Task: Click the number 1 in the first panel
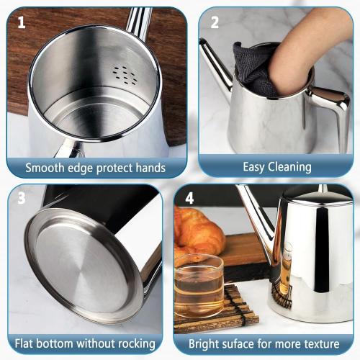pos(22,22)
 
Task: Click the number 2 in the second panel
pos(214,22)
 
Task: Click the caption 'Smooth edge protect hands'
pos(95,168)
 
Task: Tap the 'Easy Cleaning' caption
pos(276,167)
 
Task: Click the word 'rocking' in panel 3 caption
pos(145,343)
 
